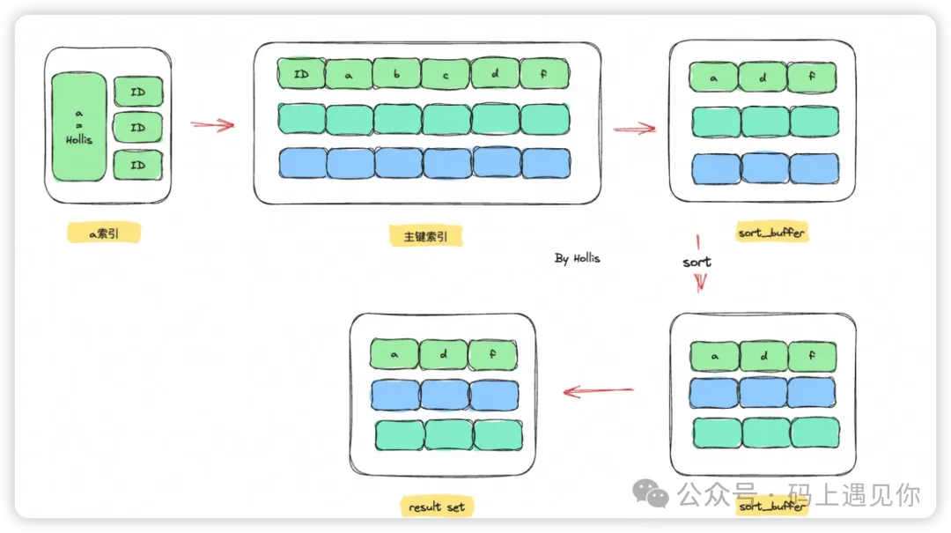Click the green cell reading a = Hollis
click(x=79, y=127)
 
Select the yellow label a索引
click(x=104, y=233)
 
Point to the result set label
click(x=437, y=507)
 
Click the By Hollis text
click(x=578, y=259)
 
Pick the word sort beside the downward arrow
click(x=697, y=262)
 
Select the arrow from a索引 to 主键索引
click(x=213, y=125)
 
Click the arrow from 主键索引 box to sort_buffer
click(x=635, y=129)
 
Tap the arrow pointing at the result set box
click(x=599, y=390)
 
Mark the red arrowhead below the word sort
click(x=700, y=282)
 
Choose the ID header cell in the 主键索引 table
click(x=301, y=75)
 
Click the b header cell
click(x=396, y=75)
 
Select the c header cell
click(x=446, y=75)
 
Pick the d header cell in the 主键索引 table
click(x=495, y=75)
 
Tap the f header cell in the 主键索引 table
click(x=544, y=75)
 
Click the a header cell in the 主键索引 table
click(x=349, y=75)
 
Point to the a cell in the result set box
click(x=394, y=354)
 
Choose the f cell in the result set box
click(x=492, y=354)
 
